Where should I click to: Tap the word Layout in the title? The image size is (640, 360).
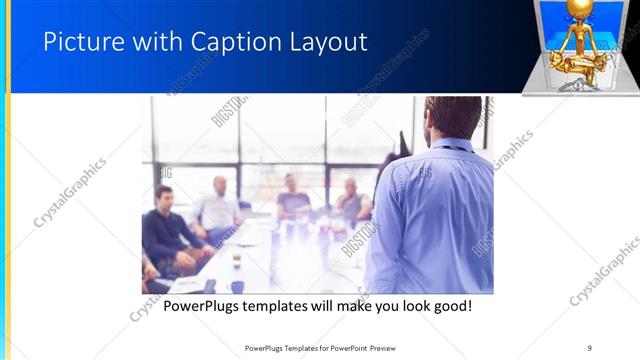330,42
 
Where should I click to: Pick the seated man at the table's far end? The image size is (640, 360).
293,195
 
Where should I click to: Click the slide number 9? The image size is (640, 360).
590,347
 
